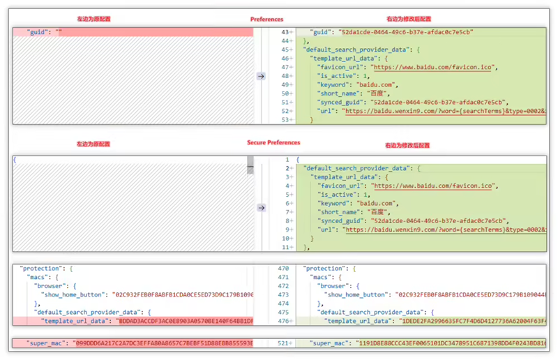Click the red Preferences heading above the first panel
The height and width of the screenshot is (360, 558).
(x=266, y=19)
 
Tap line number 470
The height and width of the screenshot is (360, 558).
(x=282, y=268)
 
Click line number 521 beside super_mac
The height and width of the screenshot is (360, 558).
(x=282, y=344)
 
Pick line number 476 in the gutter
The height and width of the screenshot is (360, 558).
(x=282, y=321)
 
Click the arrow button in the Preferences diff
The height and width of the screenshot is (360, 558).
(x=261, y=76)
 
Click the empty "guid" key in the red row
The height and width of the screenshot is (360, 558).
(x=39, y=32)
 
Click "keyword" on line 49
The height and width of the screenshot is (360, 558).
(x=334, y=85)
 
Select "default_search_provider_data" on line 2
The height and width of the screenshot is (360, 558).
(x=355, y=169)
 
